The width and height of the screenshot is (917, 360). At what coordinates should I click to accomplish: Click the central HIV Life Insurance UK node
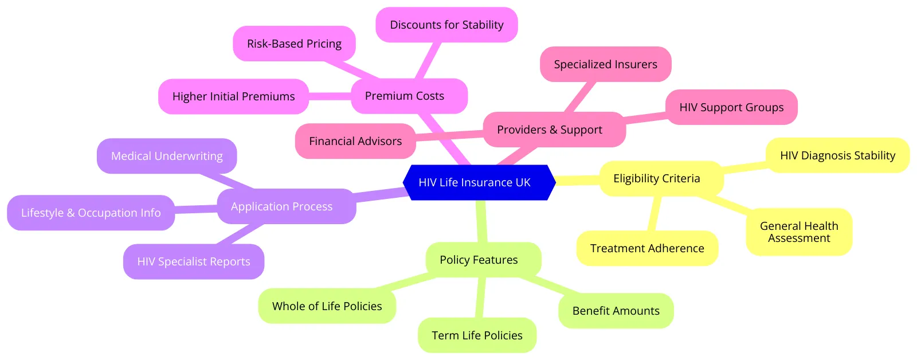click(x=479, y=182)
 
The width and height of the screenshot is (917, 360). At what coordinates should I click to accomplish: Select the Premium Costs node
click(x=409, y=96)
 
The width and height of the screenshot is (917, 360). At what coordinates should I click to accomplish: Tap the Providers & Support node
click(x=554, y=130)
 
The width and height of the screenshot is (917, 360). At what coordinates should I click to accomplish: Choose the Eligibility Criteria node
click(x=661, y=178)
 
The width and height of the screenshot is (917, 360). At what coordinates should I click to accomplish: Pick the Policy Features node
click(x=484, y=260)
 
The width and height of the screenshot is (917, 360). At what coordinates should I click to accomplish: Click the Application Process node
click(x=286, y=206)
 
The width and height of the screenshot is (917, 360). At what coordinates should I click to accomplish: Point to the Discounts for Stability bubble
click(x=446, y=25)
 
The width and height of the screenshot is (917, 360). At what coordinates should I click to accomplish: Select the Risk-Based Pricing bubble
click(x=294, y=44)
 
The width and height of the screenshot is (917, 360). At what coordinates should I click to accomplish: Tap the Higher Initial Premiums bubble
click(x=233, y=96)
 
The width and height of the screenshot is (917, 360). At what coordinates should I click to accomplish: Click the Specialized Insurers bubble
click(x=605, y=64)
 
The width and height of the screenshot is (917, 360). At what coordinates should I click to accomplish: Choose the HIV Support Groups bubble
click(x=731, y=107)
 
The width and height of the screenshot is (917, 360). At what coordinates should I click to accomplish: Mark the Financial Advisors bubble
click(x=355, y=141)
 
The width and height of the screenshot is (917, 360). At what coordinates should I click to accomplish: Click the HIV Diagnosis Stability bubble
click(x=837, y=155)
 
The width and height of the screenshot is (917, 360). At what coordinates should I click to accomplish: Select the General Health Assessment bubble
click(x=799, y=232)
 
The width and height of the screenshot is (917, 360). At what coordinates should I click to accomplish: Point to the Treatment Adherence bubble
click(x=647, y=248)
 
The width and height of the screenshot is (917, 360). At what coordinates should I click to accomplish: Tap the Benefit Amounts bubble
click(x=616, y=311)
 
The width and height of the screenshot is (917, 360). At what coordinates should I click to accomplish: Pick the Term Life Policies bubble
click(x=477, y=335)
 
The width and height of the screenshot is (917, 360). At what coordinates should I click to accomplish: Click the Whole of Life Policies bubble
click(x=327, y=306)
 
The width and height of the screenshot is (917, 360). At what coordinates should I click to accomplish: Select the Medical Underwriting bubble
click(x=167, y=155)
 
